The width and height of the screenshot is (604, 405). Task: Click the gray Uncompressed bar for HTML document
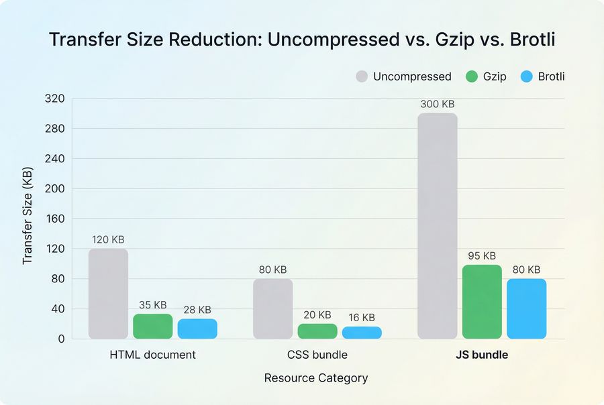(x=108, y=294)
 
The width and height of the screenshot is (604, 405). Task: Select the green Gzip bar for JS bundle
(x=481, y=302)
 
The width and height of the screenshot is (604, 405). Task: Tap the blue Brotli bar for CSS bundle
(x=362, y=333)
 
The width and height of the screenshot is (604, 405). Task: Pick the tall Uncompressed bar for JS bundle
(x=437, y=226)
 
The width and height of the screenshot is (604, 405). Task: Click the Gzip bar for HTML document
(x=152, y=326)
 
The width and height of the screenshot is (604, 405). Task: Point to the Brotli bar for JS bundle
(x=526, y=308)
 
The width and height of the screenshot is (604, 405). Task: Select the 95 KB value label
(x=481, y=255)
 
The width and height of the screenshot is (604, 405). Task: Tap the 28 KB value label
(x=197, y=310)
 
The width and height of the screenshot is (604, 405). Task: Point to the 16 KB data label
(x=361, y=317)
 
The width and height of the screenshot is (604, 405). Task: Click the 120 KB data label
(x=108, y=239)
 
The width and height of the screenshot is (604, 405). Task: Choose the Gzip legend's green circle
(x=472, y=76)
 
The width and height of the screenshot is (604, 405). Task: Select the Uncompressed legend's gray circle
(x=362, y=76)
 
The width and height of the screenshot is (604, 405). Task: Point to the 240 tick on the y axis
(x=56, y=159)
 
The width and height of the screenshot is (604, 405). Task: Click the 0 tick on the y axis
(x=61, y=339)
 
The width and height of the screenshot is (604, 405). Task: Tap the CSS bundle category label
(x=317, y=355)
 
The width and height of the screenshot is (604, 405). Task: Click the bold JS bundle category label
(x=481, y=355)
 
